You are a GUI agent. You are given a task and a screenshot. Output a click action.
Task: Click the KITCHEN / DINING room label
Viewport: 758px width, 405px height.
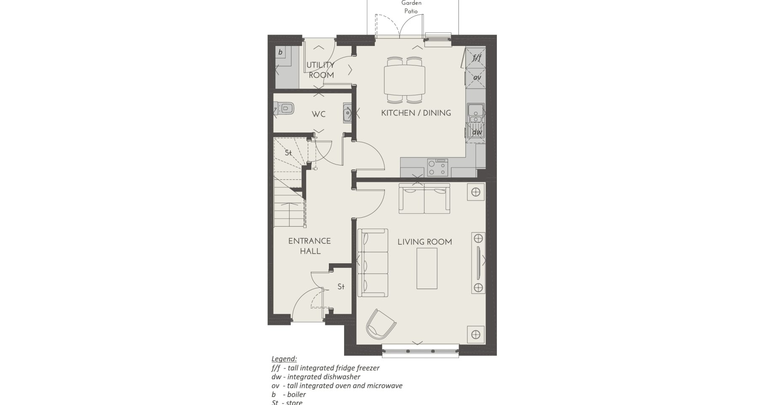click(x=416, y=113)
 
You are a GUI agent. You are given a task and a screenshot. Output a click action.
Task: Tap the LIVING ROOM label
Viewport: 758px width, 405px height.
click(x=425, y=242)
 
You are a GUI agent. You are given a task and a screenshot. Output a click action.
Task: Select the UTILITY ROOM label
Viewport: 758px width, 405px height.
click(x=321, y=70)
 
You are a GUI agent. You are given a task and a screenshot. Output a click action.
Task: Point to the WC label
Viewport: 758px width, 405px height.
click(x=318, y=114)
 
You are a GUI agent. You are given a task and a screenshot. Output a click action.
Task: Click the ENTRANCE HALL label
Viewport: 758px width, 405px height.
click(x=310, y=246)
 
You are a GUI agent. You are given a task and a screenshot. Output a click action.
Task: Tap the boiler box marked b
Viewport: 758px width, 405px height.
click(x=280, y=53)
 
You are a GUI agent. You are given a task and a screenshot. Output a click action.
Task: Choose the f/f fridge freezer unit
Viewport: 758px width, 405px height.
click(x=476, y=58)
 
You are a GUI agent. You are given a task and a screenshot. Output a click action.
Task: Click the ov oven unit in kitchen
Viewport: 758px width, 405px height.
click(x=476, y=78)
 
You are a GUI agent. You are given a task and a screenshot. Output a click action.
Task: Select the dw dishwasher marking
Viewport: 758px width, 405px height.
click(x=476, y=132)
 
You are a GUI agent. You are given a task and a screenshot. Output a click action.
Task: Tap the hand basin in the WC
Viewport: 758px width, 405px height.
click(x=347, y=113)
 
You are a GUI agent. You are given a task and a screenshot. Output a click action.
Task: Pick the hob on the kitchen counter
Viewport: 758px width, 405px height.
click(x=437, y=167)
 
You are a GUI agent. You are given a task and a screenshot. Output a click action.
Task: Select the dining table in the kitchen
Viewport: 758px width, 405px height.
click(x=405, y=81)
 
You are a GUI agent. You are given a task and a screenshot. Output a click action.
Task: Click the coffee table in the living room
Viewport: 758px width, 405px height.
click(x=427, y=268)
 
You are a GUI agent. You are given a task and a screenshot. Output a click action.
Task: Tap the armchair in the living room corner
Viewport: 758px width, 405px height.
click(x=380, y=324)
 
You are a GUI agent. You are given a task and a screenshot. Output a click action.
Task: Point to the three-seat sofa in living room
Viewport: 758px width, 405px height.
click(x=373, y=263)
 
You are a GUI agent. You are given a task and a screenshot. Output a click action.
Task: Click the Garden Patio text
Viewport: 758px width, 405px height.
click(x=411, y=7)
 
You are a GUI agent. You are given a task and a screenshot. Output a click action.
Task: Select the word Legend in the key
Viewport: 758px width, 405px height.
click(x=284, y=359)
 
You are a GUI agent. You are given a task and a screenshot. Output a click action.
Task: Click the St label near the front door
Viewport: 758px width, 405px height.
click(x=341, y=287)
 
